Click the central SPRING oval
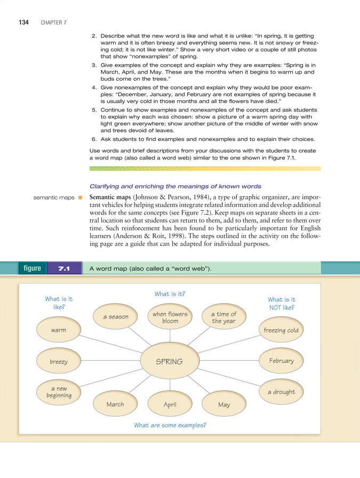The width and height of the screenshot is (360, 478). [x=169, y=361]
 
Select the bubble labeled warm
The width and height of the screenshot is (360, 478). [x=59, y=331]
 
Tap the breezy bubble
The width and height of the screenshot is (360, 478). [x=59, y=361]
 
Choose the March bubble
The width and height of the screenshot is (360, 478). [x=115, y=404]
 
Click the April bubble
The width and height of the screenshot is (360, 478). [x=170, y=405]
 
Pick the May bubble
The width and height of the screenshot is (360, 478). [x=224, y=405]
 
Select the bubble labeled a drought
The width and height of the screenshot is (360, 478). [x=281, y=392]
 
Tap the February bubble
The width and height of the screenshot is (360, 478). [x=281, y=361]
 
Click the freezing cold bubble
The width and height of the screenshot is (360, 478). [x=281, y=331]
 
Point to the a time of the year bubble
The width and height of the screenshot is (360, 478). [x=224, y=317]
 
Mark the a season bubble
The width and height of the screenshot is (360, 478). [x=116, y=317]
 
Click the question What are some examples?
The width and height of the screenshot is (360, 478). [x=170, y=425]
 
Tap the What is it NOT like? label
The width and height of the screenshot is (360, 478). [x=281, y=304]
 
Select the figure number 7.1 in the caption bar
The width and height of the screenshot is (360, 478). [x=64, y=268]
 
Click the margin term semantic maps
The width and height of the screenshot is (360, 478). [x=53, y=198]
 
